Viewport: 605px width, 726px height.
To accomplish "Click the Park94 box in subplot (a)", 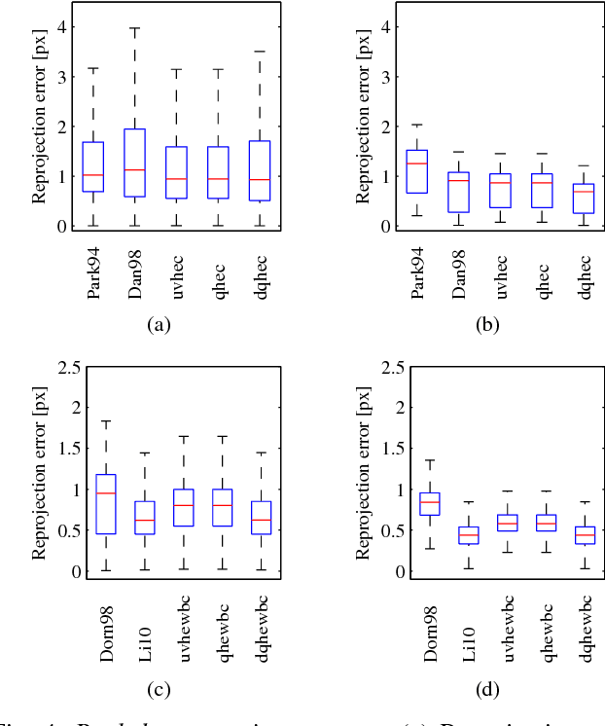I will tap(93, 166).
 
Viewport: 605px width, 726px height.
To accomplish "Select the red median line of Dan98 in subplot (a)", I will tap(134, 170).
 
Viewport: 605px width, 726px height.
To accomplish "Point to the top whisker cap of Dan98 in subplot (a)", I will tap(134, 28).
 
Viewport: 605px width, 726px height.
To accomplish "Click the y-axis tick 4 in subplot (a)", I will tap(62, 25).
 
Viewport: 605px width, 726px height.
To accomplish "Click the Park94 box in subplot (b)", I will tap(417, 171).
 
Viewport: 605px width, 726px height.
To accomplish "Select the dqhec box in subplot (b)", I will tap(583, 198).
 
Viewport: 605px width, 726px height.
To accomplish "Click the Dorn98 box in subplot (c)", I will tap(106, 504).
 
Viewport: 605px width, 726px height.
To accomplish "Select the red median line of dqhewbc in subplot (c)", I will tap(261, 520).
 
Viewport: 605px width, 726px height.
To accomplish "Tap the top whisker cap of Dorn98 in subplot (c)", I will tap(106, 421).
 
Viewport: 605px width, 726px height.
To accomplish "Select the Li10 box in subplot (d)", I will tap(469, 534).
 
